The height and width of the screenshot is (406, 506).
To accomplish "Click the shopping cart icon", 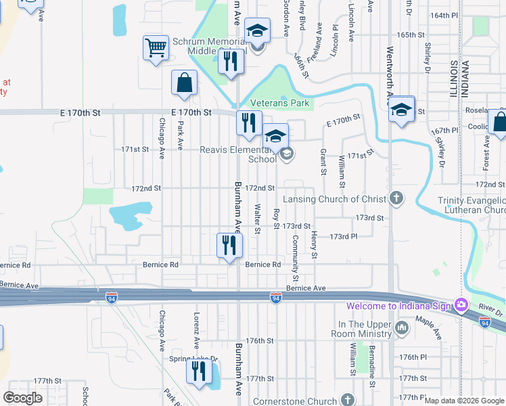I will pyautogui.click(x=156, y=48).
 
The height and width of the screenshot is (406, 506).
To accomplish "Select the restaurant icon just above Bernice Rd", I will pyautogui.click(x=229, y=245).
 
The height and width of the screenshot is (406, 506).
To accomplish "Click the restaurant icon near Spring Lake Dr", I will pyautogui.click(x=199, y=371).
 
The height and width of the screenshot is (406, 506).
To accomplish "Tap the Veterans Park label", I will pyautogui.click(x=279, y=104).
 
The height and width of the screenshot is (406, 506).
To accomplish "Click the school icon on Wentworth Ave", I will pyautogui.click(x=402, y=108).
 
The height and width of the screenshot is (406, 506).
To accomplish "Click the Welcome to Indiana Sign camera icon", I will pyautogui.click(x=461, y=306).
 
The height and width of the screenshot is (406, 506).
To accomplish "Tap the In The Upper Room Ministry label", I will pyautogui.click(x=365, y=330).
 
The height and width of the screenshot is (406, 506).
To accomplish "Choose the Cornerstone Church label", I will pyautogui.click(x=294, y=401).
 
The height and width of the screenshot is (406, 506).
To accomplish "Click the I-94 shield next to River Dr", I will pyautogui.click(x=485, y=323).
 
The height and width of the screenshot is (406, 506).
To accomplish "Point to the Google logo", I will pyautogui.click(x=22, y=397).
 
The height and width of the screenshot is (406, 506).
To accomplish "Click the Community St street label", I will pyautogui.click(x=296, y=258).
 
